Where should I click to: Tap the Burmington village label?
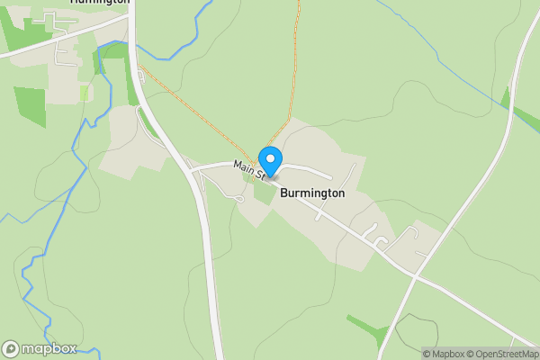tap(312, 193)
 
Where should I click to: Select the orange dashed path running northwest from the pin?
tap(198, 112)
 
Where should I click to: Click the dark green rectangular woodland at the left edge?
tap(30, 106)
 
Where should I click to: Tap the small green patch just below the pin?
tap(264, 190)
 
